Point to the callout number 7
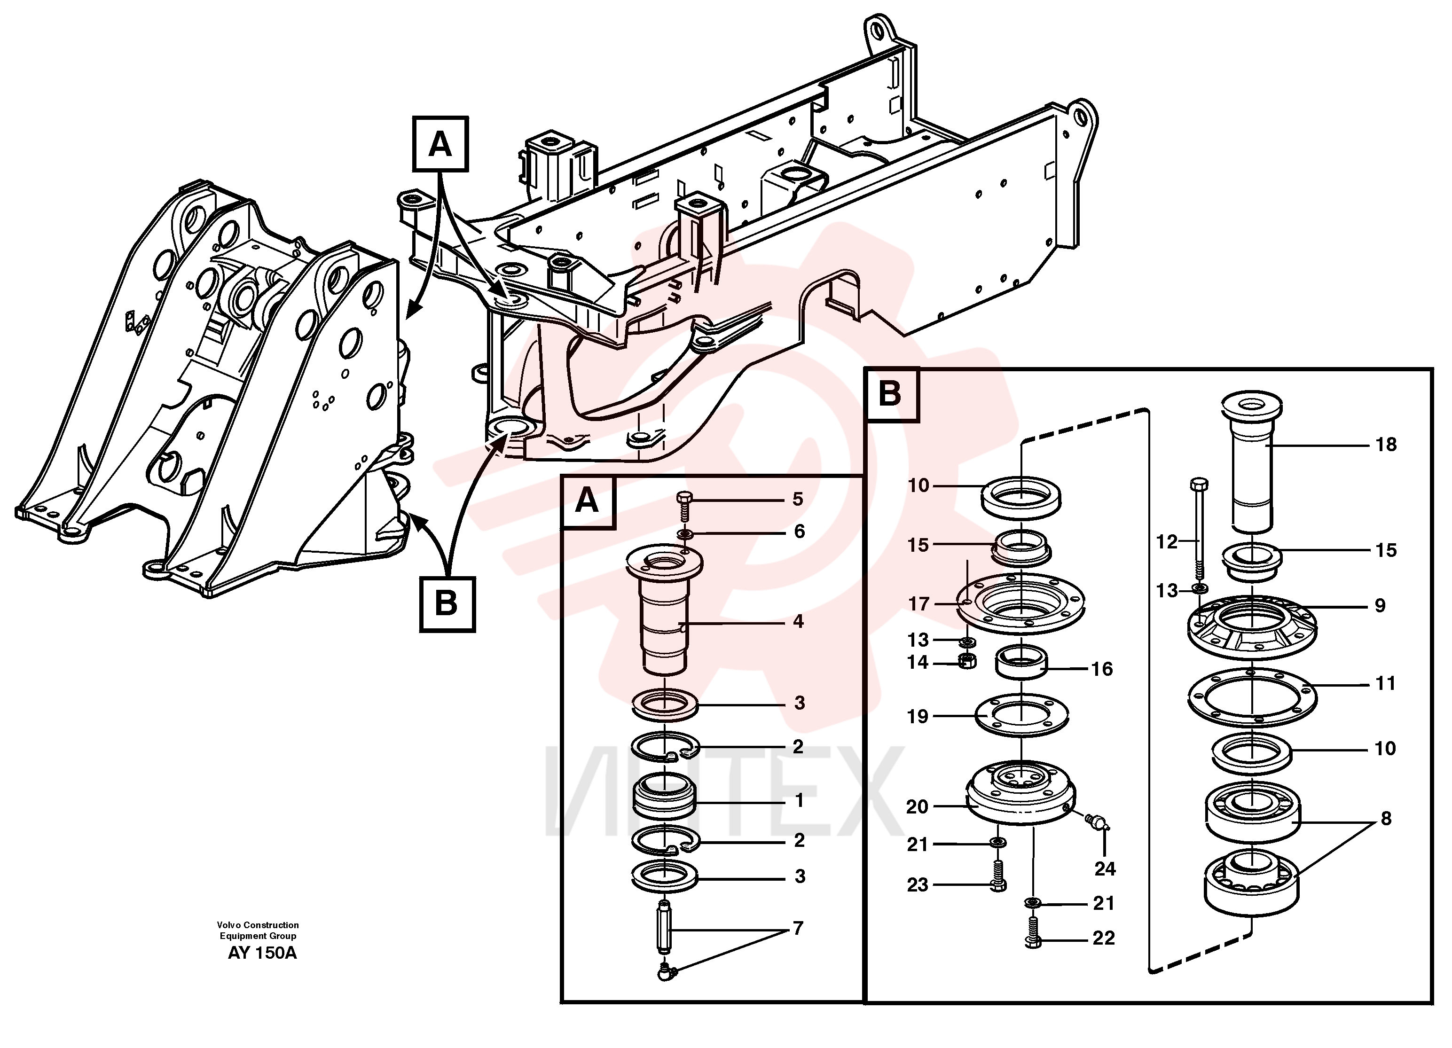[x=798, y=928]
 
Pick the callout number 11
[x=1385, y=684]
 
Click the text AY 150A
[x=262, y=953]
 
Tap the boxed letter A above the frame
[x=440, y=144]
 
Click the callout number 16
[x=1101, y=669]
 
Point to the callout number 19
[x=918, y=716]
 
